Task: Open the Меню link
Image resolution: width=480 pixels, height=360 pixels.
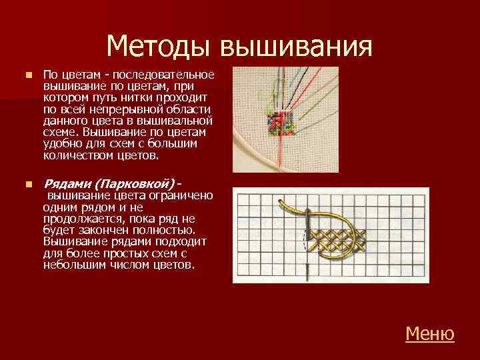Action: [429, 333]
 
